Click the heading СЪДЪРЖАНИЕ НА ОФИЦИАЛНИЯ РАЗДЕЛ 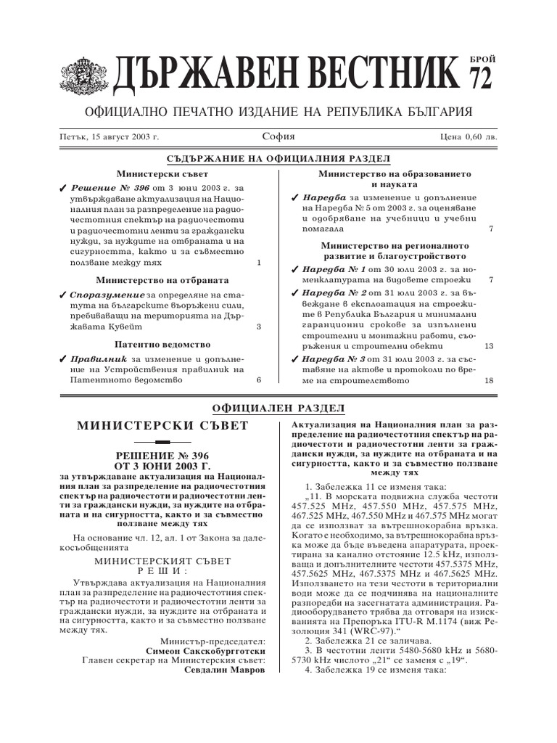(278, 159)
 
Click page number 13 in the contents (488, 346)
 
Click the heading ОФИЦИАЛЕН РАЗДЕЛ (278, 409)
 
